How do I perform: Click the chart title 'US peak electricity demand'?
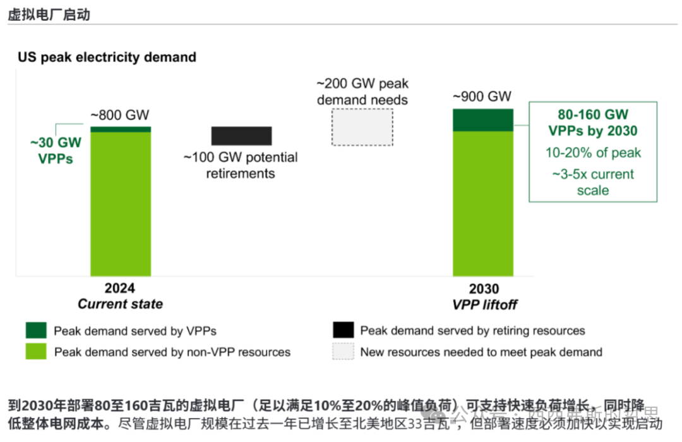[x=107, y=58]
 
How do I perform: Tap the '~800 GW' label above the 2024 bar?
[x=119, y=115]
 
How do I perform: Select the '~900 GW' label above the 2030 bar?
[x=482, y=97]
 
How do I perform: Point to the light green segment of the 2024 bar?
[x=120, y=202]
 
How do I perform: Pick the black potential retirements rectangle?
[x=241, y=136]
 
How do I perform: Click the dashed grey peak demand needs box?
[x=362, y=127]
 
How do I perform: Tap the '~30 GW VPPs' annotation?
[x=55, y=150]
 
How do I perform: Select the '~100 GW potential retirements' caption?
[x=241, y=165]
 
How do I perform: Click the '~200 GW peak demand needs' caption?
[x=362, y=92]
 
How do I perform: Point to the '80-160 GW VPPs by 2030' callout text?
[x=592, y=123]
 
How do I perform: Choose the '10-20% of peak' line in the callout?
[x=592, y=152]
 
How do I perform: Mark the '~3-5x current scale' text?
[x=592, y=182]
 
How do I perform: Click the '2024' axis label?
[x=119, y=288]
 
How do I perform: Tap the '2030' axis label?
[x=484, y=288]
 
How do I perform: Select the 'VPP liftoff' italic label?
[x=484, y=304]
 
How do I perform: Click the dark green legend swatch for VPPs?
[x=36, y=330]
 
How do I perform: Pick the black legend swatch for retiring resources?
[x=343, y=330]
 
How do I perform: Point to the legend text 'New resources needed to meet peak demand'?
[x=481, y=352]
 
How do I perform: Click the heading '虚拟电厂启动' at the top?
[x=49, y=14]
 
